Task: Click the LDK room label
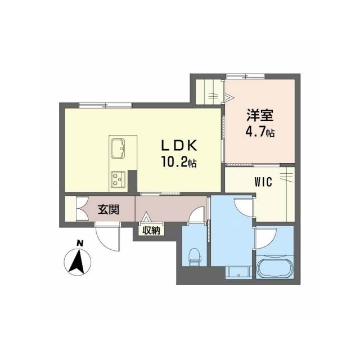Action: tap(179, 146)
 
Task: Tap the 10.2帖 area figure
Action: tap(179, 161)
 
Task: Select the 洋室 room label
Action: tap(260, 115)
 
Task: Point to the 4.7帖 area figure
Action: tap(260, 132)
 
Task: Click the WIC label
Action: tap(263, 182)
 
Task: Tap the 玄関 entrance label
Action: tap(109, 209)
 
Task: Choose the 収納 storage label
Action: tap(151, 230)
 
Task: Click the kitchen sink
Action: tap(118, 148)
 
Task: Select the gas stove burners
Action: tap(118, 179)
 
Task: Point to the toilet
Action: tap(195, 256)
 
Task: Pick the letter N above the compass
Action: tap(80, 242)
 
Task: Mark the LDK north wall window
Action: tap(105, 105)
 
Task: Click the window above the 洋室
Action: tap(245, 76)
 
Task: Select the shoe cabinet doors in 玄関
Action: tap(82, 209)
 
